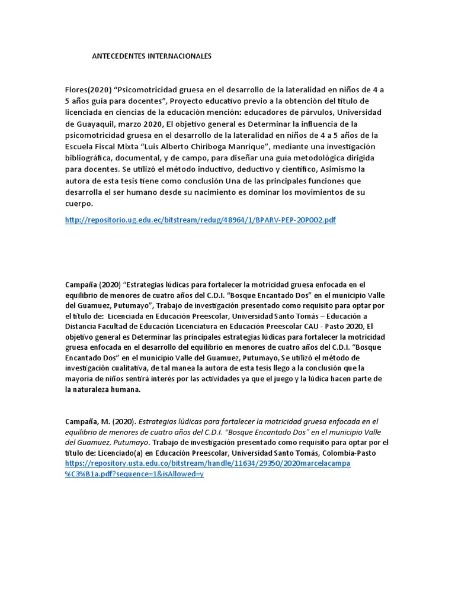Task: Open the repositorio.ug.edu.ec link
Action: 200,220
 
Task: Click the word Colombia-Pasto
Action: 348,453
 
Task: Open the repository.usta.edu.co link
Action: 207,463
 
